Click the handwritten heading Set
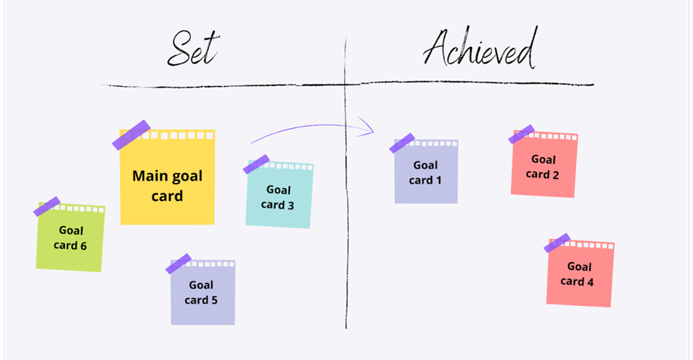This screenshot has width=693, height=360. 193,49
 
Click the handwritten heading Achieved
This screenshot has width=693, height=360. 480,47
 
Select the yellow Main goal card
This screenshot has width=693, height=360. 167,177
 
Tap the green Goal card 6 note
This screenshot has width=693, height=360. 70,237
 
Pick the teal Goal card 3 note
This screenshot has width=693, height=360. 279,195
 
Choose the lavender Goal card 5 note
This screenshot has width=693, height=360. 203,293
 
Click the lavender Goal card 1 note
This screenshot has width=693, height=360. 426,171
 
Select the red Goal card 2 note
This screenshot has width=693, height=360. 544,164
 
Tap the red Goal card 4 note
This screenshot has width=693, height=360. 580,273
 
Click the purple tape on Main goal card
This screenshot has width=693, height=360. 131,135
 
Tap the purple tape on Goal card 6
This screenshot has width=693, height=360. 47,207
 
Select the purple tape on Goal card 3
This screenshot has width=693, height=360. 257,164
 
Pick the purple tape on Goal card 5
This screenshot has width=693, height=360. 178,264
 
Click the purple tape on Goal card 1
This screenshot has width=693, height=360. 402,143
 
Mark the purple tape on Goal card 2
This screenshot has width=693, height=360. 522,135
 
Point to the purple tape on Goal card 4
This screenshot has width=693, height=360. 557,243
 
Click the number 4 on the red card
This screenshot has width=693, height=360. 590,282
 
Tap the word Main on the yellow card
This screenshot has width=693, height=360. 149,176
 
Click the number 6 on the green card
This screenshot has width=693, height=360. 83,246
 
